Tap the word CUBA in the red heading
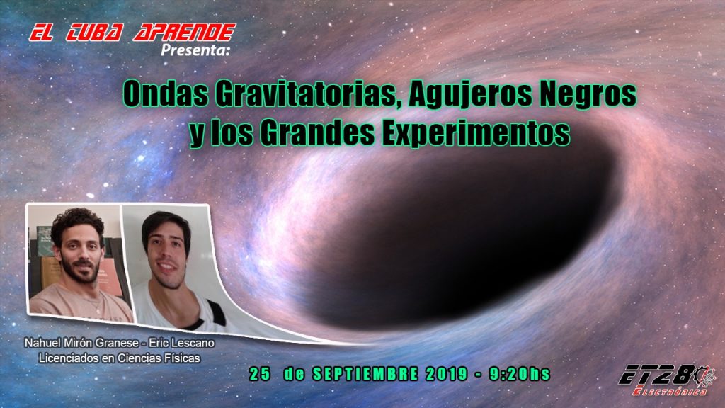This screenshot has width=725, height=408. pyautogui.click(x=94, y=33)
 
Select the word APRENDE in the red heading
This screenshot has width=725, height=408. pyautogui.click(x=185, y=33)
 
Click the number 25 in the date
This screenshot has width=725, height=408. pyautogui.click(x=259, y=374)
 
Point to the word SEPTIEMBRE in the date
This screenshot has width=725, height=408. pyautogui.click(x=365, y=374)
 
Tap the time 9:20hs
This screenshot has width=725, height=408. pyautogui.click(x=520, y=374)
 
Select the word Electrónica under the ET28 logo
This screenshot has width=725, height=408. pyautogui.click(x=670, y=391)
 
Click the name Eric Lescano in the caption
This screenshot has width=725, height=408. pyautogui.click(x=181, y=344)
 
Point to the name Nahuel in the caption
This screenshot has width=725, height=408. pyautogui.click(x=42, y=344)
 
